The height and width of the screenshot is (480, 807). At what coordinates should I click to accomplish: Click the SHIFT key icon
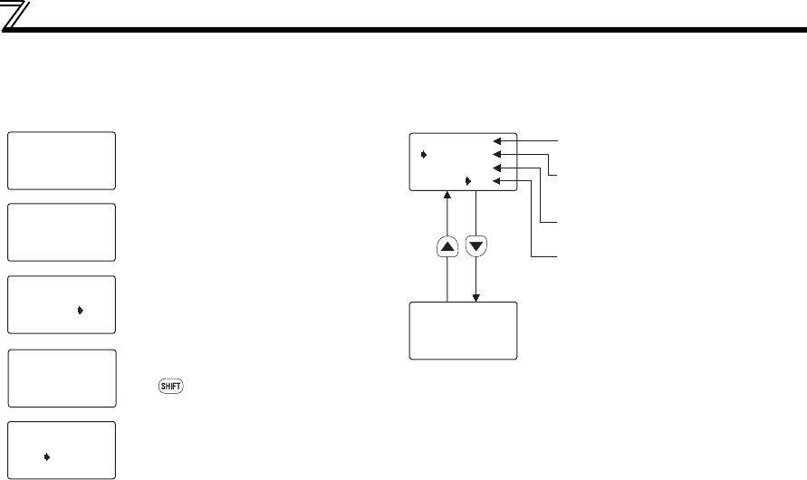(x=170, y=386)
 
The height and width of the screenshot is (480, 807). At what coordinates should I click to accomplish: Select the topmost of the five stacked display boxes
(x=62, y=160)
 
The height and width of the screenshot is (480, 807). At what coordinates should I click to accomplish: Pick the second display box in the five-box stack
(x=62, y=232)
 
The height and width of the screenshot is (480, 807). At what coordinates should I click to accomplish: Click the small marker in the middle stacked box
(x=81, y=310)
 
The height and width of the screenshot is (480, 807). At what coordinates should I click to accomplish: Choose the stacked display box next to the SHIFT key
(x=62, y=378)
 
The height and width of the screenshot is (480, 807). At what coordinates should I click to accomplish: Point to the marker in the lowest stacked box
(x=46, y=456)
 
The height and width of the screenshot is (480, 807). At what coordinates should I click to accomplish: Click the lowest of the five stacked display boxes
(x=62, y=449)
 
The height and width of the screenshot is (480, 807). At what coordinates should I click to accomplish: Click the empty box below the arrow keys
(x=463, y=331)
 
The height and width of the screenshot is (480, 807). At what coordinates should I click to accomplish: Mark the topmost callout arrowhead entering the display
(x=497, y=141)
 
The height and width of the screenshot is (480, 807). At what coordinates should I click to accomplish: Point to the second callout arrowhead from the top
(x=497, y=155)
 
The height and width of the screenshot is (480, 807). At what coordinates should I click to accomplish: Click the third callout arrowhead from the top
(x=497, y=168)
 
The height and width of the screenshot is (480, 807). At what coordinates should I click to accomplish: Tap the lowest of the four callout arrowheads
(x=497, y=182)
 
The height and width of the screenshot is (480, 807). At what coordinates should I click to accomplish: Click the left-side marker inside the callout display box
(x=425, y=155)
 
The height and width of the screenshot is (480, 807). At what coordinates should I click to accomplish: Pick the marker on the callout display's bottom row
(x=468, y=181)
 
